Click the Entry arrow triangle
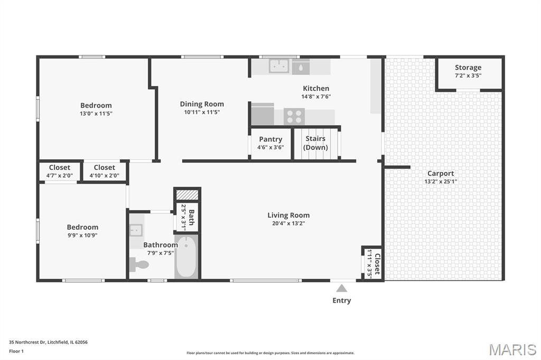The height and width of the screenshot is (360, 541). pyautogui.click(x=342, y=288)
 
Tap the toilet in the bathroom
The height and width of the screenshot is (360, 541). pyautogui.click(x=139, y=265)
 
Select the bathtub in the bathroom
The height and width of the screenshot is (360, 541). pyautogui.click(x=186, y=257)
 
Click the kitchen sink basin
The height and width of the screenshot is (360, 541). pyautogui.click(x=279, y=66)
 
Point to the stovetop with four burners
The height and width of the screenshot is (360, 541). pyautogui.click(x=294, y=116)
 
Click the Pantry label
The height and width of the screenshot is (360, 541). pyautogui.click(x=270, y=139)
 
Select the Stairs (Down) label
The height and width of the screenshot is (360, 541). pyautogui.click(x=315, y=143)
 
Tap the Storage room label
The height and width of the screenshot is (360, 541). pyautogui.click(x=468, y=67)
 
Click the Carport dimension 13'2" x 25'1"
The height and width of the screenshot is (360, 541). pyautogui.click(x=441, y=182)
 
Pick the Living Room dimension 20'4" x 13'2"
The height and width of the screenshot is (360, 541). pyautogui.click(x=288, y=223)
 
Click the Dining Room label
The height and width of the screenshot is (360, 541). pyautogui.click(x=202, y=104)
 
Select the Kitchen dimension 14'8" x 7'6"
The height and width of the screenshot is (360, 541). pyautogui.click(x=316, y=97)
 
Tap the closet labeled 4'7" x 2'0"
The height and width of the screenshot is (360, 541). pyautogui.click(x=60, y=171)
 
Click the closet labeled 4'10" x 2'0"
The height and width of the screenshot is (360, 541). pyautogui.click(x=105, y=171)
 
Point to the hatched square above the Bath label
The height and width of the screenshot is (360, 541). pyautogui.click(x=188, y=195)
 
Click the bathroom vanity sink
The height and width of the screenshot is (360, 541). pyautogui.click(x=136, y=230)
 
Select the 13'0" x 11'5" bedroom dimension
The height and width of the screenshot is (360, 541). pyautogui.click(x=96, y=113)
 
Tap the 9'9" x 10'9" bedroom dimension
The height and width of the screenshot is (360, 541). pyautogui.click(x=82, y=235)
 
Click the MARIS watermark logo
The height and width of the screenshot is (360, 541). pyautogui.click(x=512, y=349)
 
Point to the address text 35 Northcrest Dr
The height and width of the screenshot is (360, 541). pyautogui.click(x=27, y=342)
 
